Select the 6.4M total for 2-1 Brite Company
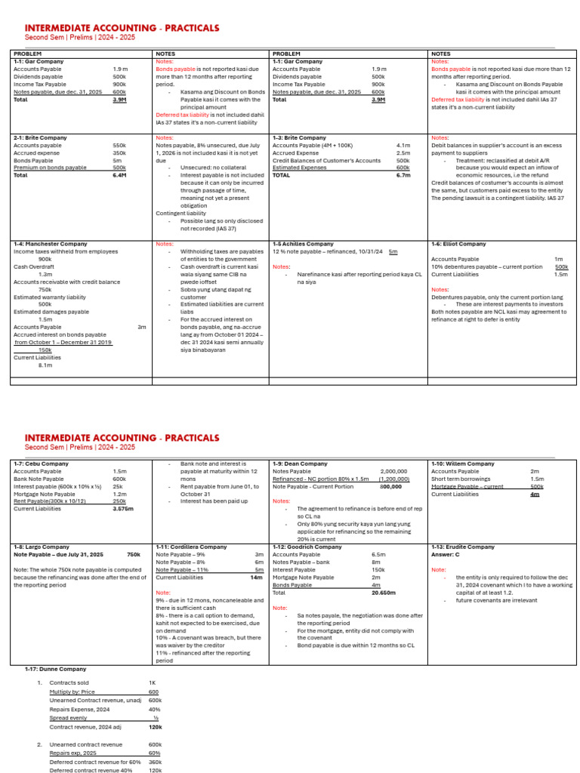(119, 174)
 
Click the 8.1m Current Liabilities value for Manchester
(45, 365)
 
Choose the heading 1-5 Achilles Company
(303, 245)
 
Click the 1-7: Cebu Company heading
(41, 463)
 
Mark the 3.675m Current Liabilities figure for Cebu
(122, 509)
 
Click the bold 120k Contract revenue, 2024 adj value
(155, 726)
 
